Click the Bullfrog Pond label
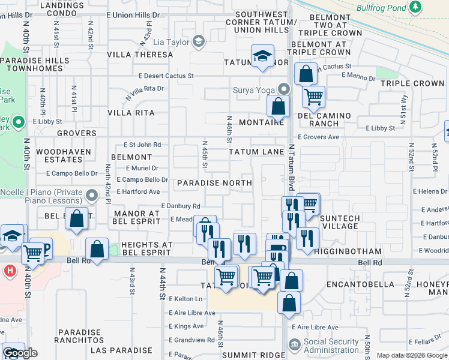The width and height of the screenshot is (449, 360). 381,8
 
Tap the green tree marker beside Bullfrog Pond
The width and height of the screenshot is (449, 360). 415,7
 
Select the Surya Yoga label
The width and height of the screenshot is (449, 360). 253,91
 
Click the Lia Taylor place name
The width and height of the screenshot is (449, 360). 172,41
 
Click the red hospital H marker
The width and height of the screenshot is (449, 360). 9,271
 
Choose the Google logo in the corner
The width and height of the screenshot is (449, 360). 20,353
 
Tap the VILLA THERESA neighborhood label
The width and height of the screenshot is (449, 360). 140,55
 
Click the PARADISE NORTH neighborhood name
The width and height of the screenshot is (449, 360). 214,182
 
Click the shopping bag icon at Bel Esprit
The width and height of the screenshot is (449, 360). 77,218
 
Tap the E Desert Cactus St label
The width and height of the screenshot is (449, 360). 166,76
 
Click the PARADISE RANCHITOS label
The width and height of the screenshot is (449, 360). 78,336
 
